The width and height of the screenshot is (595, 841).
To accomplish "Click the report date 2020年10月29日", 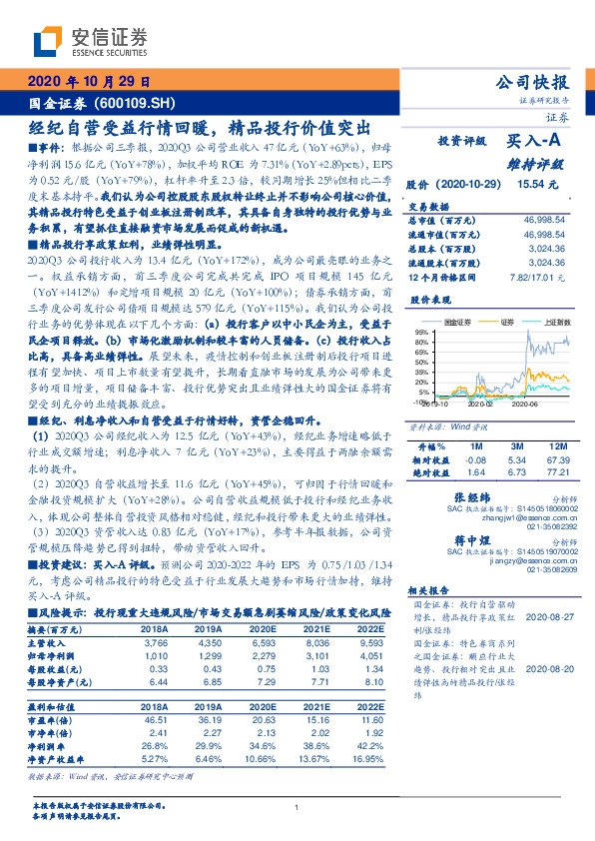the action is coord(89,83).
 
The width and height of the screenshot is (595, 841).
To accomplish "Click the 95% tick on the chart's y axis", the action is coord(420,331).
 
